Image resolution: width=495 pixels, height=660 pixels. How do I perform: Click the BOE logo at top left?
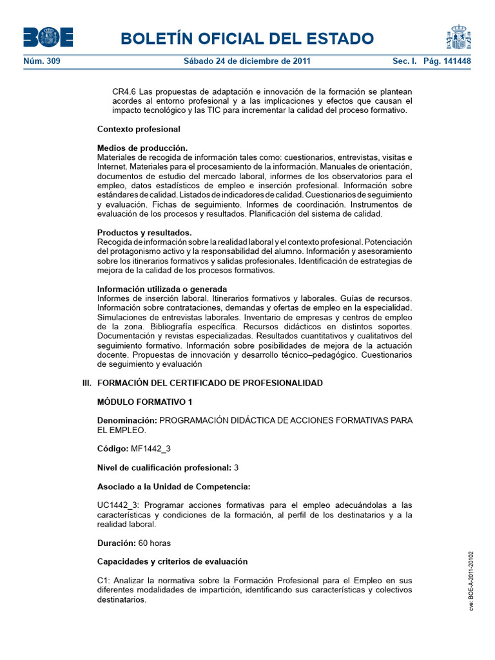pos(48,37)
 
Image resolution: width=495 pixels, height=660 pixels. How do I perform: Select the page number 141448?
pos(454,61)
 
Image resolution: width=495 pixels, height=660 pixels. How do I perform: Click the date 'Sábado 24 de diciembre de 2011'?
pos(247,61)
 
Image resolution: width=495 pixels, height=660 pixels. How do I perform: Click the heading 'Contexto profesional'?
pos(139,129)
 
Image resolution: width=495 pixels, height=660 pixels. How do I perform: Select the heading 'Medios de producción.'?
pos(142,148)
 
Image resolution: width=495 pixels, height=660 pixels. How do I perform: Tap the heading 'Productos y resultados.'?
pos(144,232)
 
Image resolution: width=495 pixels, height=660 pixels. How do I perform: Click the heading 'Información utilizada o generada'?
pos(162,289)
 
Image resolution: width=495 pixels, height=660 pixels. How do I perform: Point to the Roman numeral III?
pos(87,383)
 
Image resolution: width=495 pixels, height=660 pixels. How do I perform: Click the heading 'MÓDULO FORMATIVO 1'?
pos(144,402)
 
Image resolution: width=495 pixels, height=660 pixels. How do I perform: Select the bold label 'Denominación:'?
pos(127,420)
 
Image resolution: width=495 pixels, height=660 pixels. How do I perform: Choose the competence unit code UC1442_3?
pos(119,505)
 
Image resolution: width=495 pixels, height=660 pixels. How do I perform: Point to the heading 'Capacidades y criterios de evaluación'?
pos(172,561)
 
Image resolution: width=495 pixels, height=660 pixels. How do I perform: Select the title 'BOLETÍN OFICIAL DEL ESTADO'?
pos(247,39)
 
